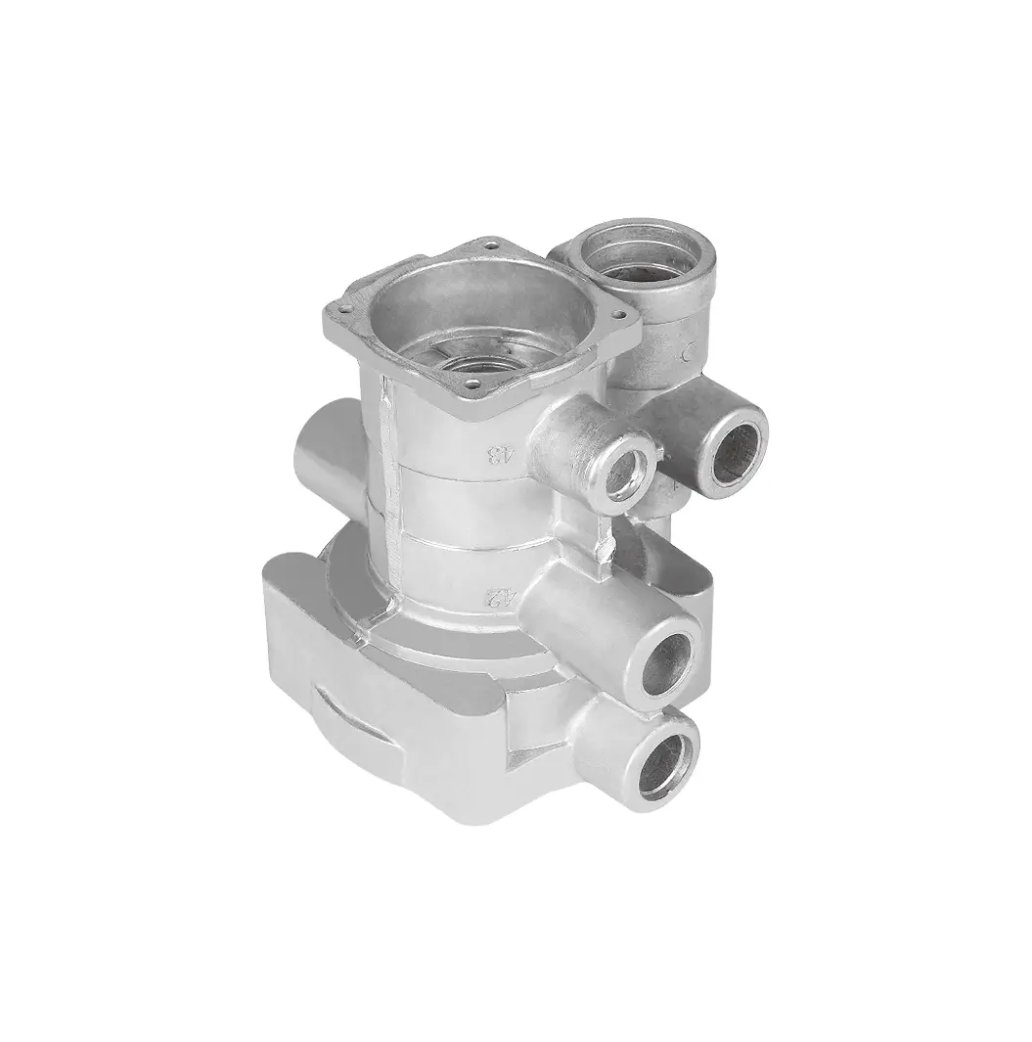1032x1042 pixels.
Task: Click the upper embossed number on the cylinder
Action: click(500, 453)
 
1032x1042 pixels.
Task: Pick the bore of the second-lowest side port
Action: click(671, 661)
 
